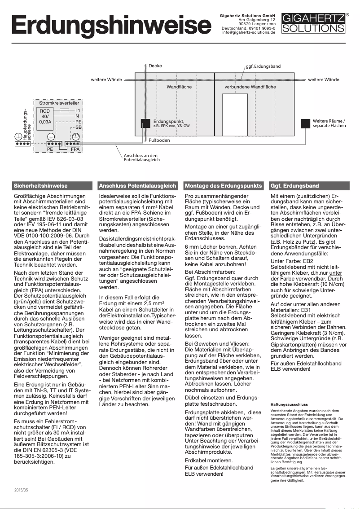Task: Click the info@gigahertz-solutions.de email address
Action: [248, 33]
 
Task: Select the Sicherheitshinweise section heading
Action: [41, 185]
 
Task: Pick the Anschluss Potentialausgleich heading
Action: [137, 185]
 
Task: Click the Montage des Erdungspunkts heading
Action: [223, 185]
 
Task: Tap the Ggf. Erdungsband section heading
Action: [295, 185]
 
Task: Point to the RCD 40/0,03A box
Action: [45, 116]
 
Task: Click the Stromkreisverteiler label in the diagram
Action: [53, 103]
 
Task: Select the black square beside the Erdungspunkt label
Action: [145, 123]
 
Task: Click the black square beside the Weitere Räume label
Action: [306, 123]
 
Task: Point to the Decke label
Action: [155, 66]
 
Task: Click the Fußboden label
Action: [159, 140]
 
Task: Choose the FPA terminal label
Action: [75, 149]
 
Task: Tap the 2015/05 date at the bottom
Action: [21, 491]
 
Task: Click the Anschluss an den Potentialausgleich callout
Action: [141, 158]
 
